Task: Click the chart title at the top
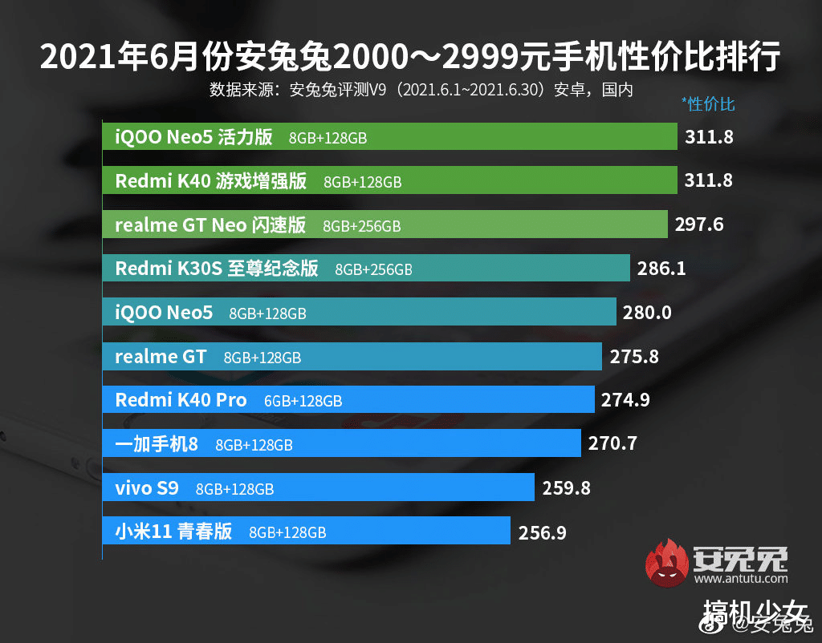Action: [x=410, y=59]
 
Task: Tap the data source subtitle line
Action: [x=421, y=89]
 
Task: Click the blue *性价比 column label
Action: [x=707, y=104]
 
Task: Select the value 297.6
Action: [x=699, y=224]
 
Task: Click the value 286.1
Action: [x=661, y=269]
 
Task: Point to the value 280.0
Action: [x=647, y=313]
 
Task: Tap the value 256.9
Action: [x=541, y=531]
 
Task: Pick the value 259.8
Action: [x=566, y=487]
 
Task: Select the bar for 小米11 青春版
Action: [x=306, y=530]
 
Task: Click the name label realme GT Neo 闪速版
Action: [x=210, y=225]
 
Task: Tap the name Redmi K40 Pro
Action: [x=181, y=400]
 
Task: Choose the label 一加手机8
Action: [x=157, y=443]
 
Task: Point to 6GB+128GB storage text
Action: [x=303, y=401]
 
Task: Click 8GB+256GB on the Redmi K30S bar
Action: [x=373, y=270]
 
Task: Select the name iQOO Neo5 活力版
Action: [x=193, y=137]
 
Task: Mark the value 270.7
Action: [x=612, y=443]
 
